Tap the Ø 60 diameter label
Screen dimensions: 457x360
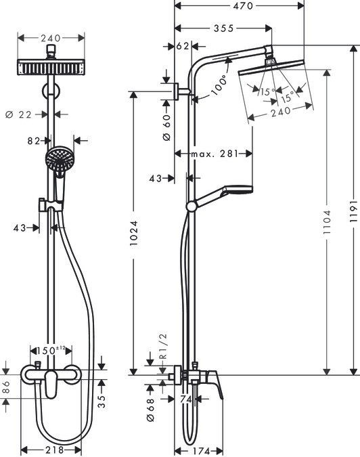(x=166, y=126)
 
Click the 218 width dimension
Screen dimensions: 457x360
(x=53, y=450)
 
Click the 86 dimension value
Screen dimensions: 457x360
(x=6, y=388)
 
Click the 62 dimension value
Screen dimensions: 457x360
(x=182, y=47)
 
